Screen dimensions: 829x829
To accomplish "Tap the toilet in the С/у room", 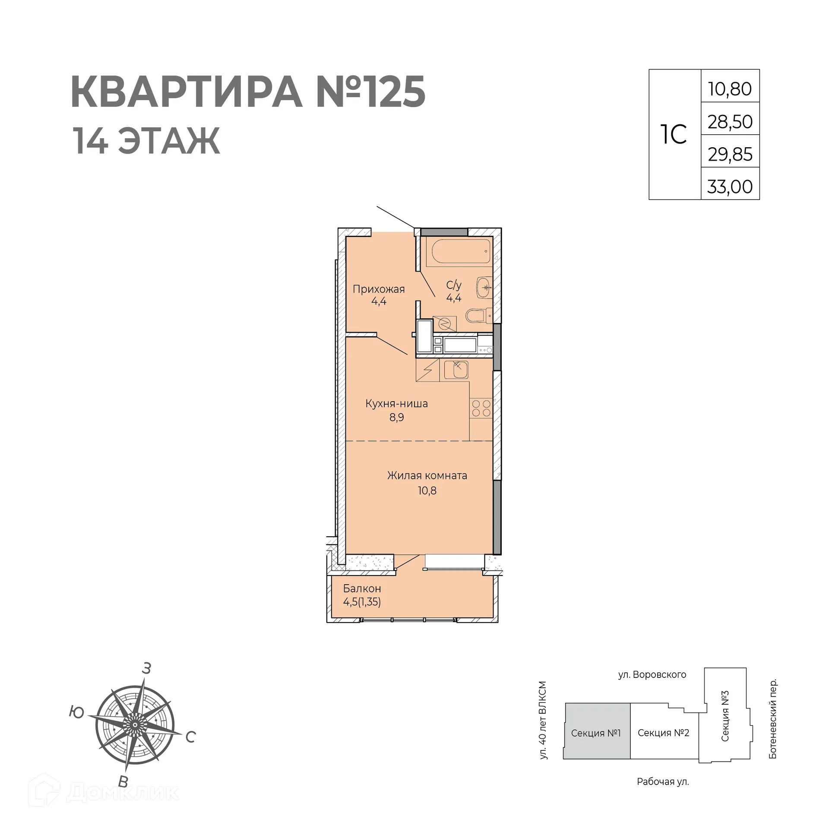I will coord(480,316).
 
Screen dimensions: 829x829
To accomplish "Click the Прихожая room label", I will coord(379,289).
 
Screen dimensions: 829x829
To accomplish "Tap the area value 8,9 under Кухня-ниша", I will coord(396,417).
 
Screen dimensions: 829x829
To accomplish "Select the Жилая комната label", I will coord(427,475).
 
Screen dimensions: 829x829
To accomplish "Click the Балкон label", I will coord(362,588).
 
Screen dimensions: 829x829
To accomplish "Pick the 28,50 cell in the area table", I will coord(730,122).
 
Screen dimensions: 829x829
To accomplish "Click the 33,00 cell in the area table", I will coord(730,187).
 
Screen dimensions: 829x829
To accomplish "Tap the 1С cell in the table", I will coord(674,134).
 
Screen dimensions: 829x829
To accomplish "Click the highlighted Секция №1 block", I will coord(596,733).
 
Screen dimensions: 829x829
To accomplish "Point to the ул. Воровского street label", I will coord(652,674).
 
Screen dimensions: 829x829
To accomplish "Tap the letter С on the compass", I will coord(190,737).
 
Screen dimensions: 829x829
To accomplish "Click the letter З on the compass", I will coord(146,668).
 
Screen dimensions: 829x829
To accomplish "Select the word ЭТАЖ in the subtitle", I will coord(169,141).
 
